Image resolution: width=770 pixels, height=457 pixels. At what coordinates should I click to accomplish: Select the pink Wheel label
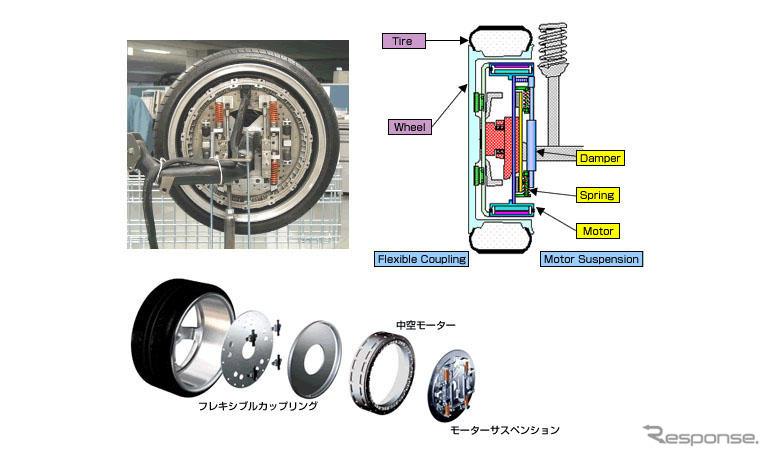[x=409, y=127]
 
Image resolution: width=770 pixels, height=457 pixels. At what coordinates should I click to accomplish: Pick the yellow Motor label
[x=598, y=231]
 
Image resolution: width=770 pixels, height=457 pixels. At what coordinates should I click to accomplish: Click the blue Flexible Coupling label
[x=421, y=259]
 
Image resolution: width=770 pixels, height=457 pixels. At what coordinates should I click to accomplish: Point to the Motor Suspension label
[x=590, y=259]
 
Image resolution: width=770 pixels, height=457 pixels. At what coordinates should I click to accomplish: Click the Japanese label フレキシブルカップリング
[x=258, y=406]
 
